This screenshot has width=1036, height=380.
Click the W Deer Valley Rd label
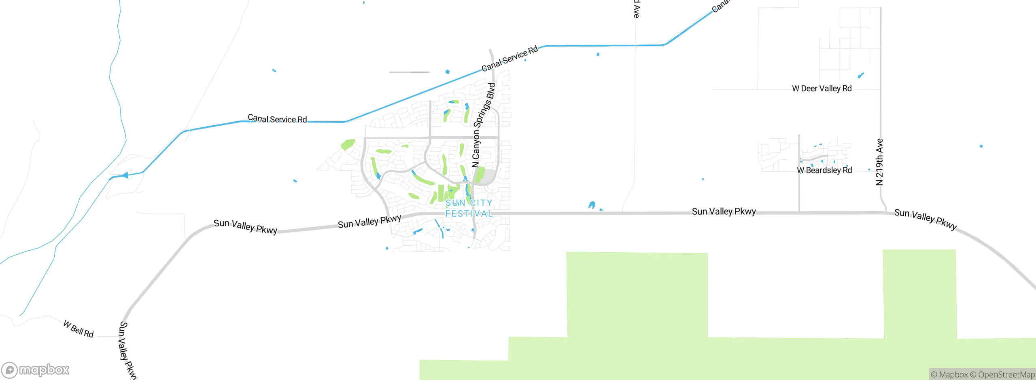(x=822, y=89)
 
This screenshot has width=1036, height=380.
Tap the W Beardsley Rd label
(x=824, y=170)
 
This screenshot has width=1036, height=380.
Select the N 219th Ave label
(x=879, y=162)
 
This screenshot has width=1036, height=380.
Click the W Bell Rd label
(x=79, y=329)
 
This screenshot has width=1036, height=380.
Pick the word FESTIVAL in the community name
(x=469, y=213)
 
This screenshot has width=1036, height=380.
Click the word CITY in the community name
(x=481, y=203)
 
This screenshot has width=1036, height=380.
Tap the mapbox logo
(x=36, y=369)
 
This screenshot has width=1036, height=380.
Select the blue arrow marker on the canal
(x=125, y=175)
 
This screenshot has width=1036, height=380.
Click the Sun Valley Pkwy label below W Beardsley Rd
(x=724, y=211)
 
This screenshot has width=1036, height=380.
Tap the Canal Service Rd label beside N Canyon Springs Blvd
(x=510, y=59)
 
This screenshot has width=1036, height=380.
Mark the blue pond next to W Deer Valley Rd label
(x=861, y=75)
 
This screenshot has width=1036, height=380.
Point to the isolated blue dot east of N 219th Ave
(x=981, y=146)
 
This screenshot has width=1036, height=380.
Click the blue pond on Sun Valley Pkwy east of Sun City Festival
(x=592, y=205)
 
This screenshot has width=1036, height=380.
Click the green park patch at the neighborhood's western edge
(x=348, y=144)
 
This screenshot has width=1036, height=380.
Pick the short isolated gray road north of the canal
(x=409, y=72)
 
